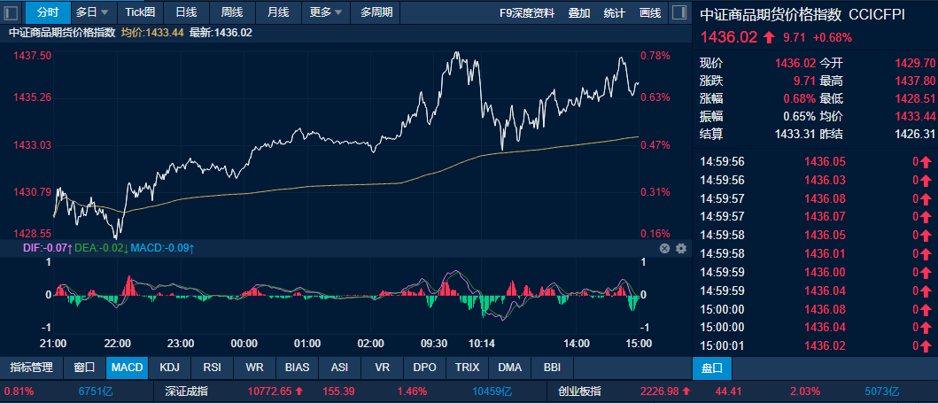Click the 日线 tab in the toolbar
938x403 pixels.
pos(186,12)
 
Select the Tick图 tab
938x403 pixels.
pos(140,12)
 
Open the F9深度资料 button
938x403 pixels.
pos(527,12)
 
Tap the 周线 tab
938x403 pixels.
pos(232,12)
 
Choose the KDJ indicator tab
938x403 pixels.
pos(169,367)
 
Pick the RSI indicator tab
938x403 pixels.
pos(212,367)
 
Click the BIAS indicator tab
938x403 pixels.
pos(297,367)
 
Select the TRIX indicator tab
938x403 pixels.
pos(467,367)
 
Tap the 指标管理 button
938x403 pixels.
pos(31,367)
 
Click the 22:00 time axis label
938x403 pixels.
pos(118,343)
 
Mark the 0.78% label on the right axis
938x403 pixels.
pos(655,55)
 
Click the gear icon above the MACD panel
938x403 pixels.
pos(681,249)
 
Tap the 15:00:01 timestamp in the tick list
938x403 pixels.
pos(723,345)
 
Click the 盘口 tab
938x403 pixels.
pos(712,367)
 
